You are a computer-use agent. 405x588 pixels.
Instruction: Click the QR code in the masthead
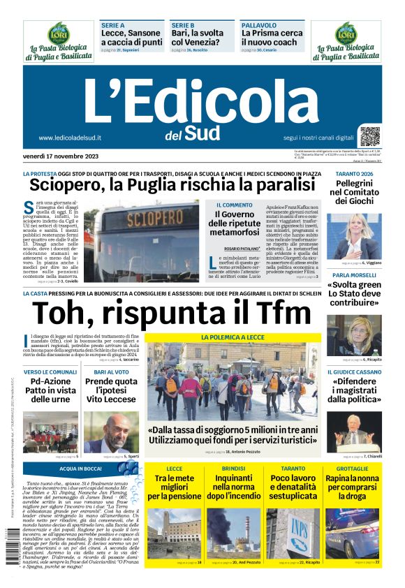(x=370, y=136)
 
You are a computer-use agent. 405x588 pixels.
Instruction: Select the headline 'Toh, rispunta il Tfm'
(x=170, y=312)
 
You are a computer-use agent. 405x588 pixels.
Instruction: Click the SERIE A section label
(x=112, y=24)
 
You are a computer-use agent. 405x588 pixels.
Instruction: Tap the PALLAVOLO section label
(x=259, y=24)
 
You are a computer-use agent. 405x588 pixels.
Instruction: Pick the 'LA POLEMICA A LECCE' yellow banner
(x=233, y=337)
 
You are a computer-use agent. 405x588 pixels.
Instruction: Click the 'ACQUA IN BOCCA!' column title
(x=80, y=469)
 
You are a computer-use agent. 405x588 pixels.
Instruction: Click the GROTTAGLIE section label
(x=352, y=468)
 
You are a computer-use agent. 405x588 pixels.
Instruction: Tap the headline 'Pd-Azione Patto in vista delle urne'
(x=50, y=391)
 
